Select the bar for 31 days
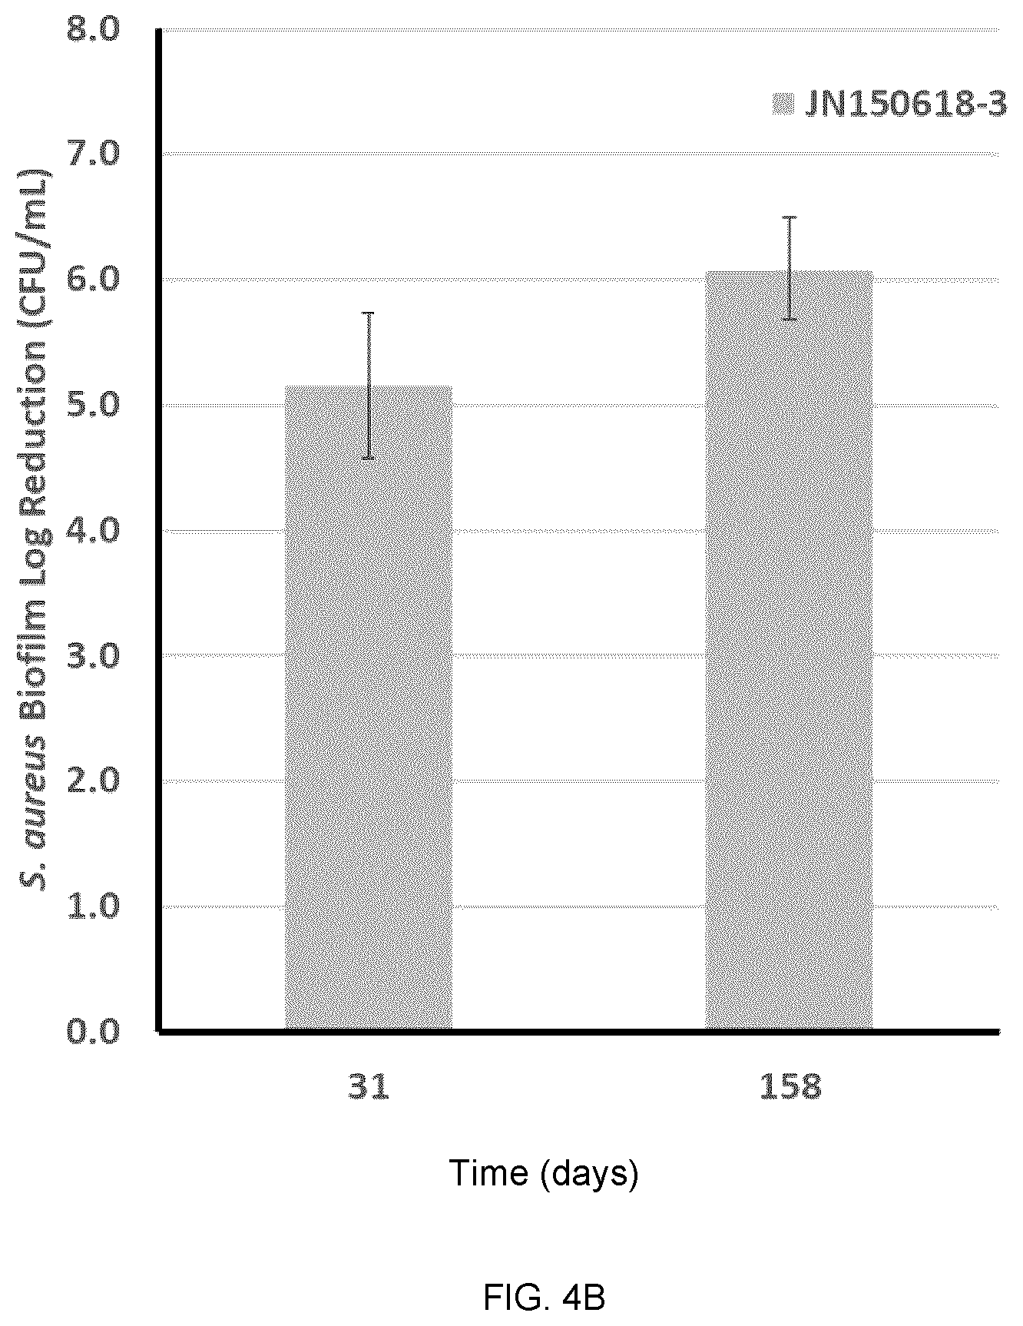(369, 708)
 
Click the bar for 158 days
(789, 650)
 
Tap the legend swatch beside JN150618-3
(783, 104)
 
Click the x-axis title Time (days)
(543, 1175)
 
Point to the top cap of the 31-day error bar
(369, 313)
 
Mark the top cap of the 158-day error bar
(790, 218)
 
